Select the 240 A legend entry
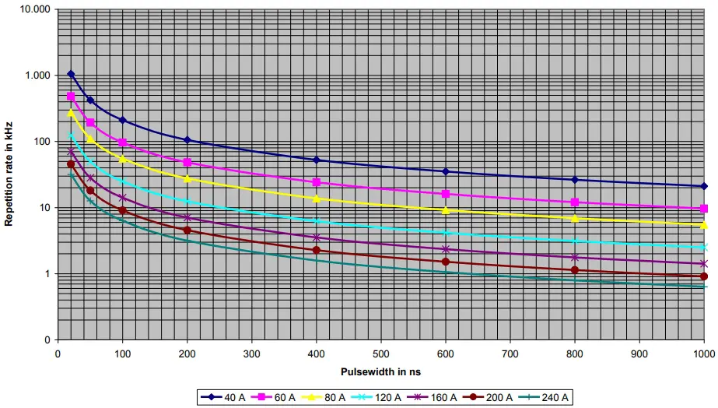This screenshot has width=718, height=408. pos(550,397)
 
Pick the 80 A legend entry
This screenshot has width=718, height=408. pos(327,397)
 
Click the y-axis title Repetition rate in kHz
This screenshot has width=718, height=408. pos(9,174)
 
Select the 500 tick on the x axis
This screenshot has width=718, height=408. pos(380,351)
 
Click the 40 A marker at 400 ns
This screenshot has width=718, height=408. pos(316,160)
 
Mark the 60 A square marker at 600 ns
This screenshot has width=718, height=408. pos(445,194)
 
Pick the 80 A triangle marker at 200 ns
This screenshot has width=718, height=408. pos(187,178)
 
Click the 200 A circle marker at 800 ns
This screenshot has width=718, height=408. pos(575,270)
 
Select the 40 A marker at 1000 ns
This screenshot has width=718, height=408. pos(704,186)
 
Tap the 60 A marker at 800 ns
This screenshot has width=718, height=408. pos(575,202)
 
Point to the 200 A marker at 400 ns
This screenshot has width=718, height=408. pos(316,250)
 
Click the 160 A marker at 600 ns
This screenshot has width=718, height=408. pos(445,249)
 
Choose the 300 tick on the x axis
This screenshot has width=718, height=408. pos(251,351)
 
